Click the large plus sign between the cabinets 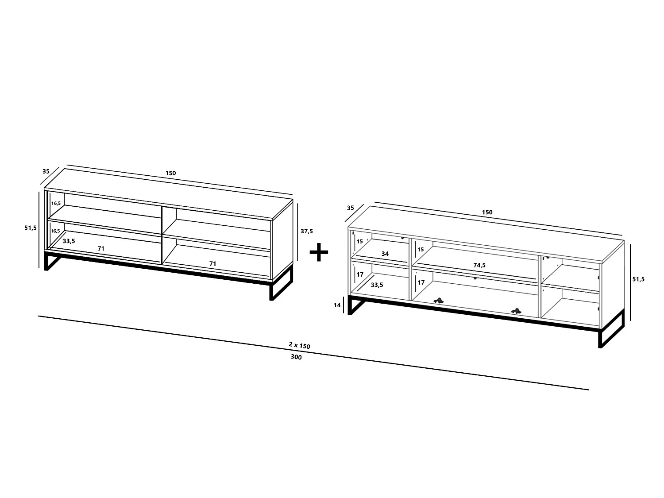click(x=319, y=252)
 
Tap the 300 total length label click(x=296, y=357)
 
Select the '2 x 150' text click(x=299, y=345)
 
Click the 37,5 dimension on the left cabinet click(x=306, y=232)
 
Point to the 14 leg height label click(x=337, y=305)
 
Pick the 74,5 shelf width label click(x=479, y=265)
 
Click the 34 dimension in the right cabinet click(x=385, y=254)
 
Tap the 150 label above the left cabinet click(x=170, y=173)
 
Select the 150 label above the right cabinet click(x=487, y=212)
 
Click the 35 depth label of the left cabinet click(x=46, y=171)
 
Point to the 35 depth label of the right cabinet click(x=350, y=208)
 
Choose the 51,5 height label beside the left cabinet click(x=31, y=228)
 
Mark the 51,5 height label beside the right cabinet click(x=638, y=279)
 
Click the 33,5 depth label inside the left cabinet click(x=69, y=241)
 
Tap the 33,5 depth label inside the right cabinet click(x=377, y=285)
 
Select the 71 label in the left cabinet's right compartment click(x=212, y=264)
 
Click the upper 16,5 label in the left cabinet click(x=56, y=203)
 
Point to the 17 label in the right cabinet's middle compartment click(x=421, y=282)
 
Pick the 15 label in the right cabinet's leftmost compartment click(x=360, y=241)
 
